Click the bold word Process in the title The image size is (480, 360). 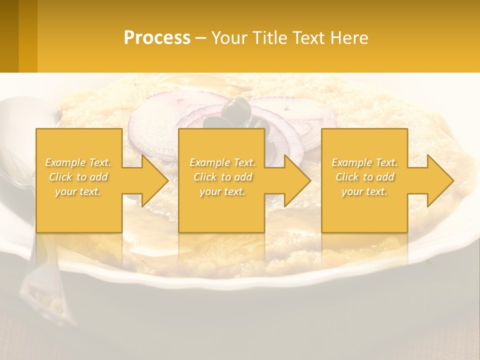point(157,38)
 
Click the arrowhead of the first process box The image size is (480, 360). point(153,180)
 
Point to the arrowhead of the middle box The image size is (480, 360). point(295,180)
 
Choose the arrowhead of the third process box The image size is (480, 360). point(438,180)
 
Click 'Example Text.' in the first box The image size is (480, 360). point(78,162)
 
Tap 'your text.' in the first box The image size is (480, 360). point(78,191)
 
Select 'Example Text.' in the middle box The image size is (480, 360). point(222,162)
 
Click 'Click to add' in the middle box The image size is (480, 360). point(222,177)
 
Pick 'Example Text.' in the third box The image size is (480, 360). point(364,162)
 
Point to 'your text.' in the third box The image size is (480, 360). point(364,191)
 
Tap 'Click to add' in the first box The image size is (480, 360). point(78,177)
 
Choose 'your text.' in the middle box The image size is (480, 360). point(222,191)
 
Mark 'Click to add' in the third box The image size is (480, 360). point(364,177)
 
